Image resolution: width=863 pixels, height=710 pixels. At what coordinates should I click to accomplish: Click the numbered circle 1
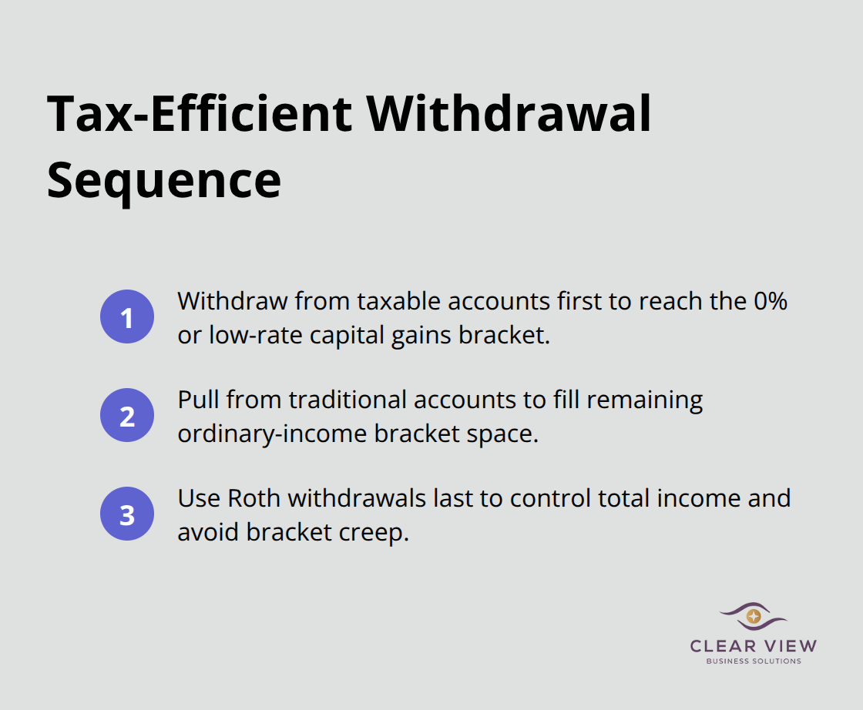(x=127, y=317)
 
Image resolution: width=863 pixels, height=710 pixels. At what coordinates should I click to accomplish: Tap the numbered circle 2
(x=127, y=417)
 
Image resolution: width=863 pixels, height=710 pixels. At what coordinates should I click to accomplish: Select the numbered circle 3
(x=127, y=514)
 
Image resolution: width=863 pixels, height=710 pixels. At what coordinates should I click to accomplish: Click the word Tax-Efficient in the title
(x=199, y=113)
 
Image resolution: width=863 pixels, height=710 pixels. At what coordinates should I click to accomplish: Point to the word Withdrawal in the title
(x=509, y=113)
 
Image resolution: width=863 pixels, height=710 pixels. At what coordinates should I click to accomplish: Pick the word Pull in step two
(x=198, y=400)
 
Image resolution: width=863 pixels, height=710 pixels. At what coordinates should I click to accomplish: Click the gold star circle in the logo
(x=754, y=616)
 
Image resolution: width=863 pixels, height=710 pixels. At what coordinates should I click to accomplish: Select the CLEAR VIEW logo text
(x=754, y=646)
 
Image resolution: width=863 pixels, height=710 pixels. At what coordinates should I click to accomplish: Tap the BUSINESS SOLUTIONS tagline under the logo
(x=754, y=661)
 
